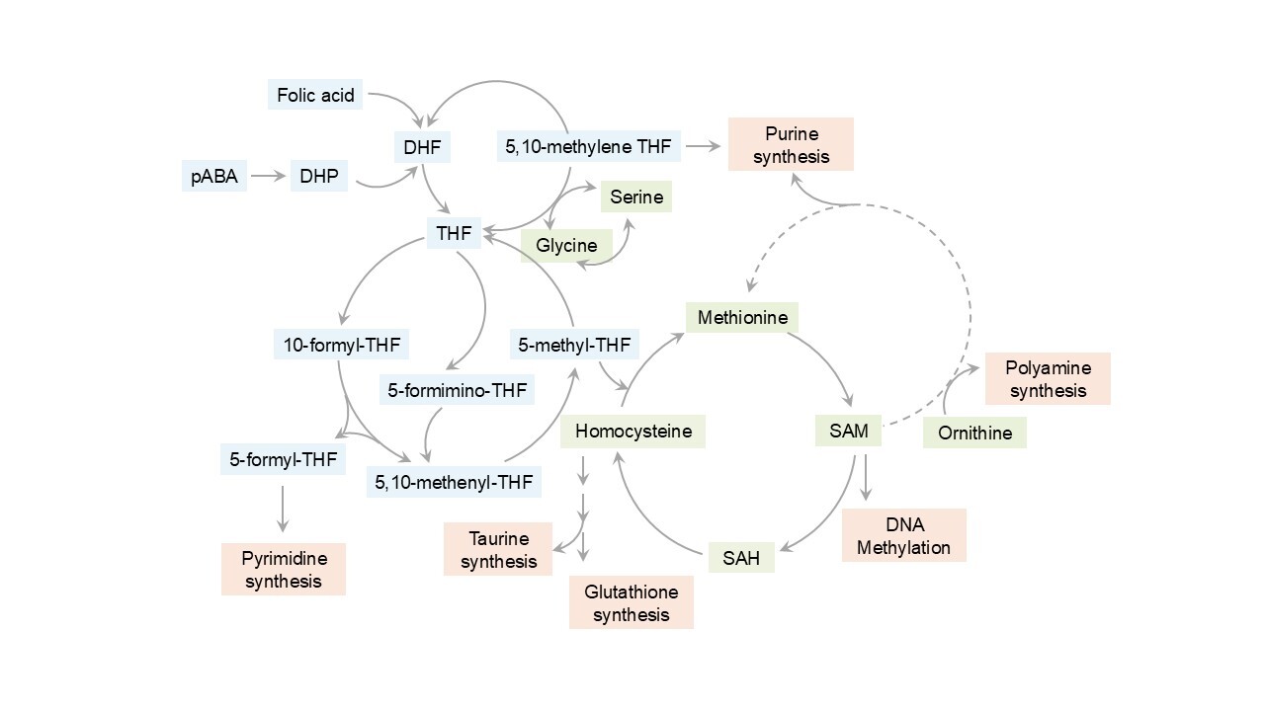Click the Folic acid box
[316, 96]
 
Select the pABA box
[214, 177]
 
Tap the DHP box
[318, 177]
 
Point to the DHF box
[422, 147]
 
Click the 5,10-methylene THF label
[588, 147]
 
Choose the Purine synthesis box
[791, 144]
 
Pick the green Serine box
[635, 197]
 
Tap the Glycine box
[566, 245]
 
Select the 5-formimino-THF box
[457, 389]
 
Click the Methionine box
[742, 317]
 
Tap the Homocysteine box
[632, 432]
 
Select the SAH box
[741, 558]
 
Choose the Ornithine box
[974, 433]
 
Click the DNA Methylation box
[903, 535]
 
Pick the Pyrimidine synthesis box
[284, 569]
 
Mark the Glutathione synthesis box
[632, 602]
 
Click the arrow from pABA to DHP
[268, 177]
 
